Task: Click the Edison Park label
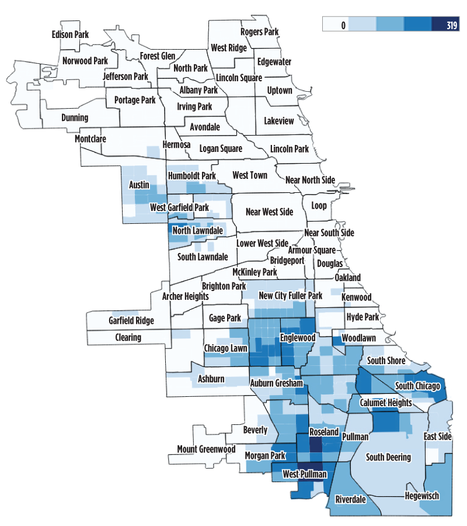click(70, 34)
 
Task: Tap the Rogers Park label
click(260, 32)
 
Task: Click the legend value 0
click(344, 25)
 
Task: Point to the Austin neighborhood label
click(139, 185)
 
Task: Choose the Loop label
click(319, 206)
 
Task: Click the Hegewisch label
click(420, 496)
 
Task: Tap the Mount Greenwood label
click(206, 449)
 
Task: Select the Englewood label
click(298, 338)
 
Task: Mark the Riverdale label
click(350, 500)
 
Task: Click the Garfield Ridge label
click(131, 320)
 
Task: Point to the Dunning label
click(75, 117)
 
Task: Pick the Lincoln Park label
click(290, 149)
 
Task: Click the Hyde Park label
click(363, 317)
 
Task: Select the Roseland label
click(323, 432)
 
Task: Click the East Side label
click(438, 437)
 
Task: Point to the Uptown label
click(279, 91)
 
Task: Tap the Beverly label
click(255, 430)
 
